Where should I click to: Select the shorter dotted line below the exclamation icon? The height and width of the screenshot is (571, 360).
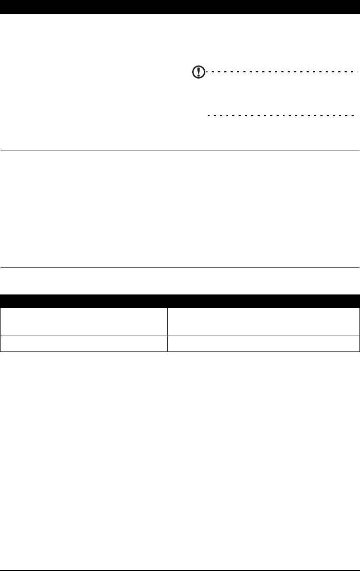280,115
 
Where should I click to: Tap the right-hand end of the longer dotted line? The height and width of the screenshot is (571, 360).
356,71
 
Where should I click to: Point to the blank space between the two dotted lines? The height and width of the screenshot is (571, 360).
280,93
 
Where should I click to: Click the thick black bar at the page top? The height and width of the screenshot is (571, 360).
180,6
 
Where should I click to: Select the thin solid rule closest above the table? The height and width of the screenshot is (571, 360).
180,267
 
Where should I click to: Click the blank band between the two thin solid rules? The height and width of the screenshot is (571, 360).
180,209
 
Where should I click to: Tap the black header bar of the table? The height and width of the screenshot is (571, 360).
180,301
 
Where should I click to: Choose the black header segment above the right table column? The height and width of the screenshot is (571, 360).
263,301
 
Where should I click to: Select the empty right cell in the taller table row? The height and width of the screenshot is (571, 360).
263,321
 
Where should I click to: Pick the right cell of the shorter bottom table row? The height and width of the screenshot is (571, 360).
263,343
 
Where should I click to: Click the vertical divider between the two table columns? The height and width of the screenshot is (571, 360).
167,327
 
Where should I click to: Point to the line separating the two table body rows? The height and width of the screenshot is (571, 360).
180,335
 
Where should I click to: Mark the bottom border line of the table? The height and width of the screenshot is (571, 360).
180,351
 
